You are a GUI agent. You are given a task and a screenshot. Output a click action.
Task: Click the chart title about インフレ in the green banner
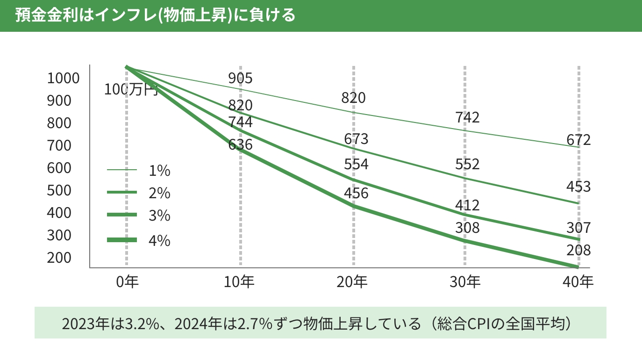point(155,15)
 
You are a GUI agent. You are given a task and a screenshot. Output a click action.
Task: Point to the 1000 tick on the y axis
point(63,79)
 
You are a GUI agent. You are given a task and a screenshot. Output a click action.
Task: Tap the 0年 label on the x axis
point(127,282)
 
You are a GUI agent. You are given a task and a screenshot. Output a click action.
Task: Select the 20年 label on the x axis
point(353,282)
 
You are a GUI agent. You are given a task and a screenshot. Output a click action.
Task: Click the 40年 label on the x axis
point(578,282)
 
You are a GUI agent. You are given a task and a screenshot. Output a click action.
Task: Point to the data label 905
point(240,79)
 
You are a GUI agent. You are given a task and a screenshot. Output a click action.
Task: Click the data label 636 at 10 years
point(240,144)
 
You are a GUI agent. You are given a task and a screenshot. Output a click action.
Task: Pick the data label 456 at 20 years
point(356,193)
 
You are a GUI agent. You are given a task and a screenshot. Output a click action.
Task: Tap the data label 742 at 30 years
point(467,117)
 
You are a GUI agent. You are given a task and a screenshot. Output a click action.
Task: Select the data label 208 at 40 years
point(578,250)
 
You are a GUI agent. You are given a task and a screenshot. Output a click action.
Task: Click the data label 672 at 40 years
point(578,140)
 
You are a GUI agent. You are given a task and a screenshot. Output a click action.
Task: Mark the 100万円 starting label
point(131,89)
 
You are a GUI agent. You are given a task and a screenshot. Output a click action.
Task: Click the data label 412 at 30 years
point(467,205)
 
